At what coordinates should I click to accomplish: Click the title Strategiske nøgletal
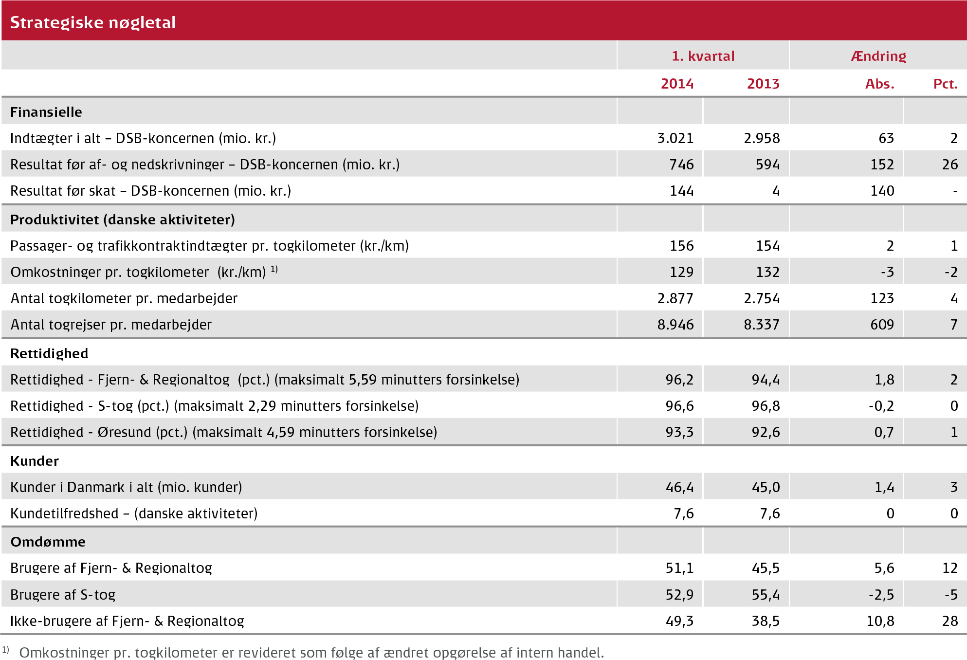[x=92, y=22]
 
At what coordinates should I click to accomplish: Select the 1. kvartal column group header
[x=703, y=56]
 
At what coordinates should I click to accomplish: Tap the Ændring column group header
[x=878, y=56]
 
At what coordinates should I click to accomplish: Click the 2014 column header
[x=677, y=84]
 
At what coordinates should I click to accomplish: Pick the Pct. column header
[x=945, y=84]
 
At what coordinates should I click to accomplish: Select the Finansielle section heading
[x=46, y=112]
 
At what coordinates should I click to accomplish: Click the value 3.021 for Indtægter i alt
[x=675, y=138]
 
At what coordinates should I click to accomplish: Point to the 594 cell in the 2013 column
[x=767, y=165]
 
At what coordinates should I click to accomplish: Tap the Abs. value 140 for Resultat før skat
[x=882, y=191]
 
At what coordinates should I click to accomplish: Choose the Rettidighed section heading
[x=49, y=353]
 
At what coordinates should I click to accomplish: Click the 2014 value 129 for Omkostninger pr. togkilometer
[x=681, y=272]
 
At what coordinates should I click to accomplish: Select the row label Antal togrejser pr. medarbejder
[x=111, y=325]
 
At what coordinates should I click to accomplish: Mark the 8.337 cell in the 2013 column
[x=761, y=325]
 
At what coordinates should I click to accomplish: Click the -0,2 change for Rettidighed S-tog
[x=881, y=406]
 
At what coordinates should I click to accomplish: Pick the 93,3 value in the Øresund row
[x=679, y=432]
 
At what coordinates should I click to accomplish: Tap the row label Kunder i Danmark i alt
[x=126, y=487]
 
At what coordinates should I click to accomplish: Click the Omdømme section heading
[x=48, y=542]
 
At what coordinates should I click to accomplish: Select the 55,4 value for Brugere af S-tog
[x=766, y=595]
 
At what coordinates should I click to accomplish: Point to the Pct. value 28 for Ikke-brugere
[x=950, y=621]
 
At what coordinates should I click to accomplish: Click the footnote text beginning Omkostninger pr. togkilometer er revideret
[x=311, y=653]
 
